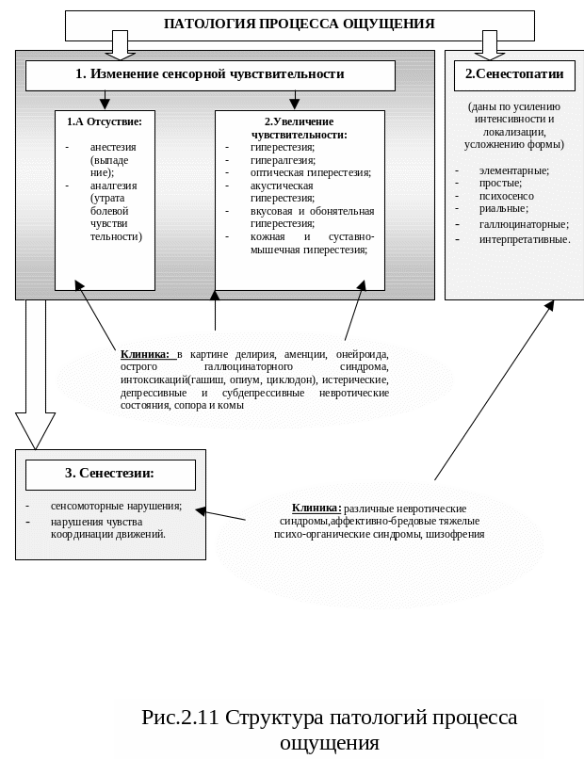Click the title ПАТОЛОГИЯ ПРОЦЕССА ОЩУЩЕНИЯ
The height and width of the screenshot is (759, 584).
[299, 24]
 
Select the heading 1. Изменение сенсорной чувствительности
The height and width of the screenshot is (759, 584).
[209, 74]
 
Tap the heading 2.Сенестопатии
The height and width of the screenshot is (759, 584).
[514, 74]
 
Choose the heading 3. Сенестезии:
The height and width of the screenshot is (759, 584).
[109, 474]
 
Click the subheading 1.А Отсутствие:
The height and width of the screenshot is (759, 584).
[105, 121]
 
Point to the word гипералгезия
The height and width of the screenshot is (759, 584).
[283, 160]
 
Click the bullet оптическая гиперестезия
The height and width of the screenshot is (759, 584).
[310, 172]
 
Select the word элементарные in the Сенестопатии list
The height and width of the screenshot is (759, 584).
[513, 170]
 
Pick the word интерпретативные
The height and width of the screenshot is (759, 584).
[525, 239]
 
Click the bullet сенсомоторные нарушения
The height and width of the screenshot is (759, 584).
[116, 506]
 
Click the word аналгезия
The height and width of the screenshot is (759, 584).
[114, 186]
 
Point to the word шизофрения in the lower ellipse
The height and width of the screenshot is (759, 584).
[455, 534]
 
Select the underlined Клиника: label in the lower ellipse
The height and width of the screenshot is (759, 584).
[316, 508]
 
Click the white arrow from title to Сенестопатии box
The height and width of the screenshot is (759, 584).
[489, 45]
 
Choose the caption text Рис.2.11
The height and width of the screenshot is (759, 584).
[180, 718]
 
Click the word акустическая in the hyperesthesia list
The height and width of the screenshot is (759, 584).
[281, 186]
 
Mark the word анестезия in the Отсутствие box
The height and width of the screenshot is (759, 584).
[113, 147]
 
